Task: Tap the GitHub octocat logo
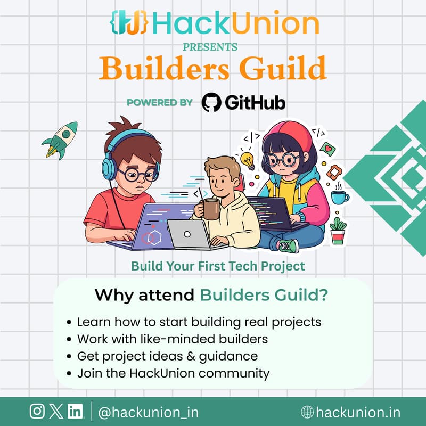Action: (x=212, y=102)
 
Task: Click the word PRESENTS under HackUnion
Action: (x=210, y=47)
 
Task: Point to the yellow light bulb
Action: (x=247, y=158)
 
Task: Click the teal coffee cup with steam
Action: (x=339, y=197)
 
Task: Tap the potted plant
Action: (x=338, y=231)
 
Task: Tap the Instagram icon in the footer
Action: (x=37, y=411)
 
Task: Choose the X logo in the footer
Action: (x=56, y=411)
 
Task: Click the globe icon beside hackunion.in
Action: (x=307, y=412)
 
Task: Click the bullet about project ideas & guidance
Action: (x=167, y=356)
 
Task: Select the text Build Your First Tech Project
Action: (x=218, y=265)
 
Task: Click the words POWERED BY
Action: (x=160, y=103)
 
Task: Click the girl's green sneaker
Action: (x=288, y=245)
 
